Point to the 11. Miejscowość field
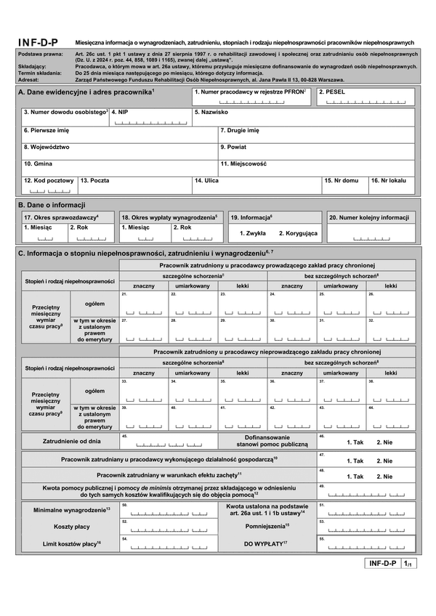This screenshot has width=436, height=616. pos(316,169)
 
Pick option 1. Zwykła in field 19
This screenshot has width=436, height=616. pos(252,233)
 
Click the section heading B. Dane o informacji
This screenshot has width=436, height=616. pos(52,204)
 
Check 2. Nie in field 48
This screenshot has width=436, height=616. pos(384,476)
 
